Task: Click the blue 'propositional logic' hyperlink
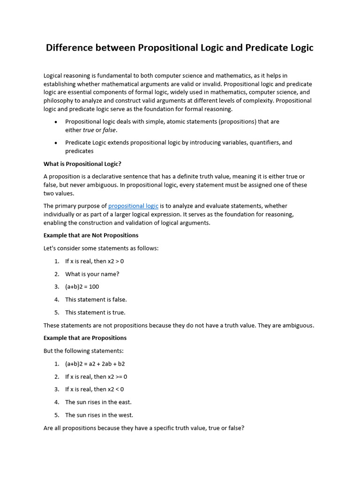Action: click(133, 206)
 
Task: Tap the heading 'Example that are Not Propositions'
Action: click(90, 235)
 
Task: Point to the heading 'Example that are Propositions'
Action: click(85, 338)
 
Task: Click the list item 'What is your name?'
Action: click(92, 274)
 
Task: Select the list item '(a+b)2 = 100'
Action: click(82, 287)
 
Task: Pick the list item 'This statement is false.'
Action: click(96, 300)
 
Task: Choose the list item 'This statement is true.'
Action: click(95, 312)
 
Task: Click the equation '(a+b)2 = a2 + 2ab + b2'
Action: click(95, 364)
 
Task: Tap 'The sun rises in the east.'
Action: click(98, 402)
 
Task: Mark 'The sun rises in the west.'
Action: click(99, 415)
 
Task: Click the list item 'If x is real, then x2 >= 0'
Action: click(96, 376)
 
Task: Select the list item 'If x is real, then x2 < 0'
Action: click(94, 389)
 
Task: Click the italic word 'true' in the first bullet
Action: click(88, 130)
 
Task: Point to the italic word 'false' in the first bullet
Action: click(109, 130)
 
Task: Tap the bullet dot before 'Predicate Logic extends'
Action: click(56, 143)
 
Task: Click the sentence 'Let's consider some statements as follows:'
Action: click(101, 248)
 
